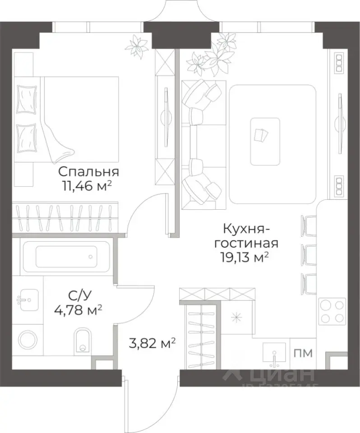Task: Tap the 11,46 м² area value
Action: coord(88,186)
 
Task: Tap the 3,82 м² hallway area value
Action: coord(152,345)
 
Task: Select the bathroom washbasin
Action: coord(25,299)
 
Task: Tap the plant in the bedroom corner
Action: coord(137,46)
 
